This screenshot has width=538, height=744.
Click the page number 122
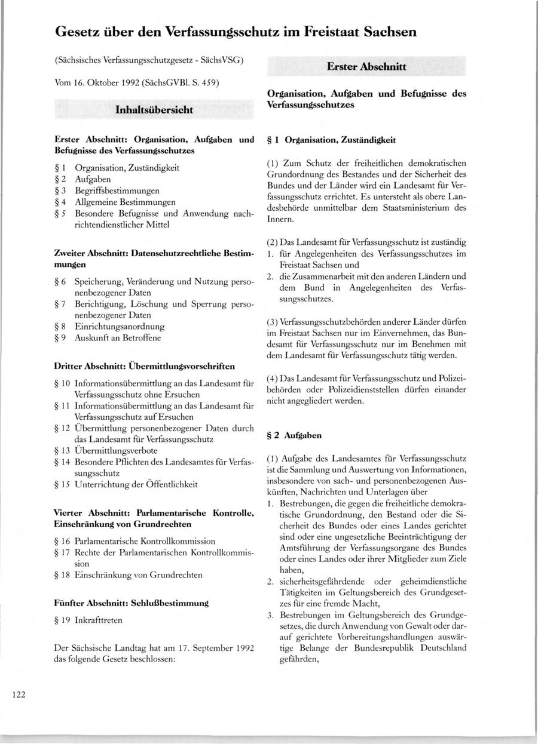(x=17, y=694)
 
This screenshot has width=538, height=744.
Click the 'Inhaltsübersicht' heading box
(x=154, y=110)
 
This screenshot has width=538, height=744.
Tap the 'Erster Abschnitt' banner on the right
(x=366, y=67)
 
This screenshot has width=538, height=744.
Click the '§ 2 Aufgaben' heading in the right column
(x=294, y=436)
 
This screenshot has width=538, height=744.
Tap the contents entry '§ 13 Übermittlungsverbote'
(x=114, y=450)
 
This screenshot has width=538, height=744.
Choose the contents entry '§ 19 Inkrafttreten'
(x=88, y=620)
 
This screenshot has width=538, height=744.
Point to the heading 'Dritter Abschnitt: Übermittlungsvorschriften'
(x=144, y=365)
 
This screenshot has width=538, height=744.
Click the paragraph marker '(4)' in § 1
(x=273, y=379)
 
